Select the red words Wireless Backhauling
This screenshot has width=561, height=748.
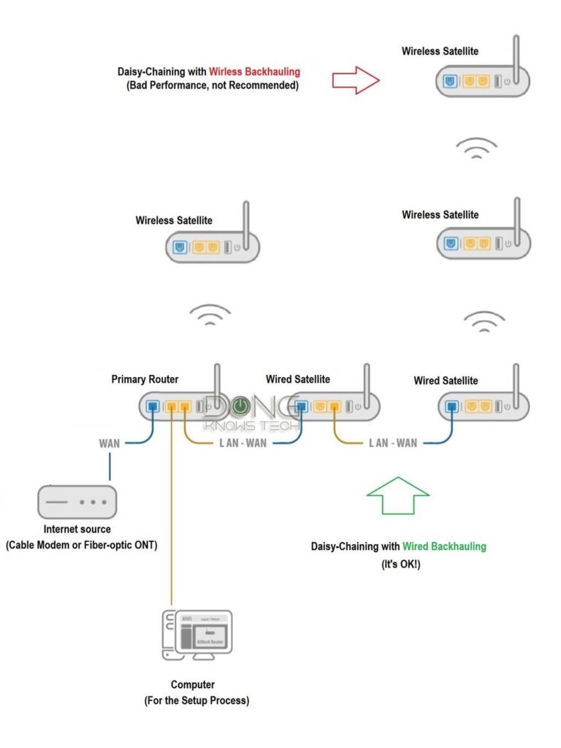[x=254, y=72]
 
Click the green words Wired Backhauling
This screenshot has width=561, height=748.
[x=443, y=546]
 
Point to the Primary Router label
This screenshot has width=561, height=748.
[x=145, y=379]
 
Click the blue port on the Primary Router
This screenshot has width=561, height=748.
[x=153, y=406]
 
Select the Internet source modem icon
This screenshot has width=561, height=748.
[x=77, y=503]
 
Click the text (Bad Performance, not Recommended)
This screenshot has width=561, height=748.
[x=213, y=86]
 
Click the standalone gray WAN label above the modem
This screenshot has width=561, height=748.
[x=110, y=443]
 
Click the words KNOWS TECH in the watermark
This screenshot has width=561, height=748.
[x=252, y=425]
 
